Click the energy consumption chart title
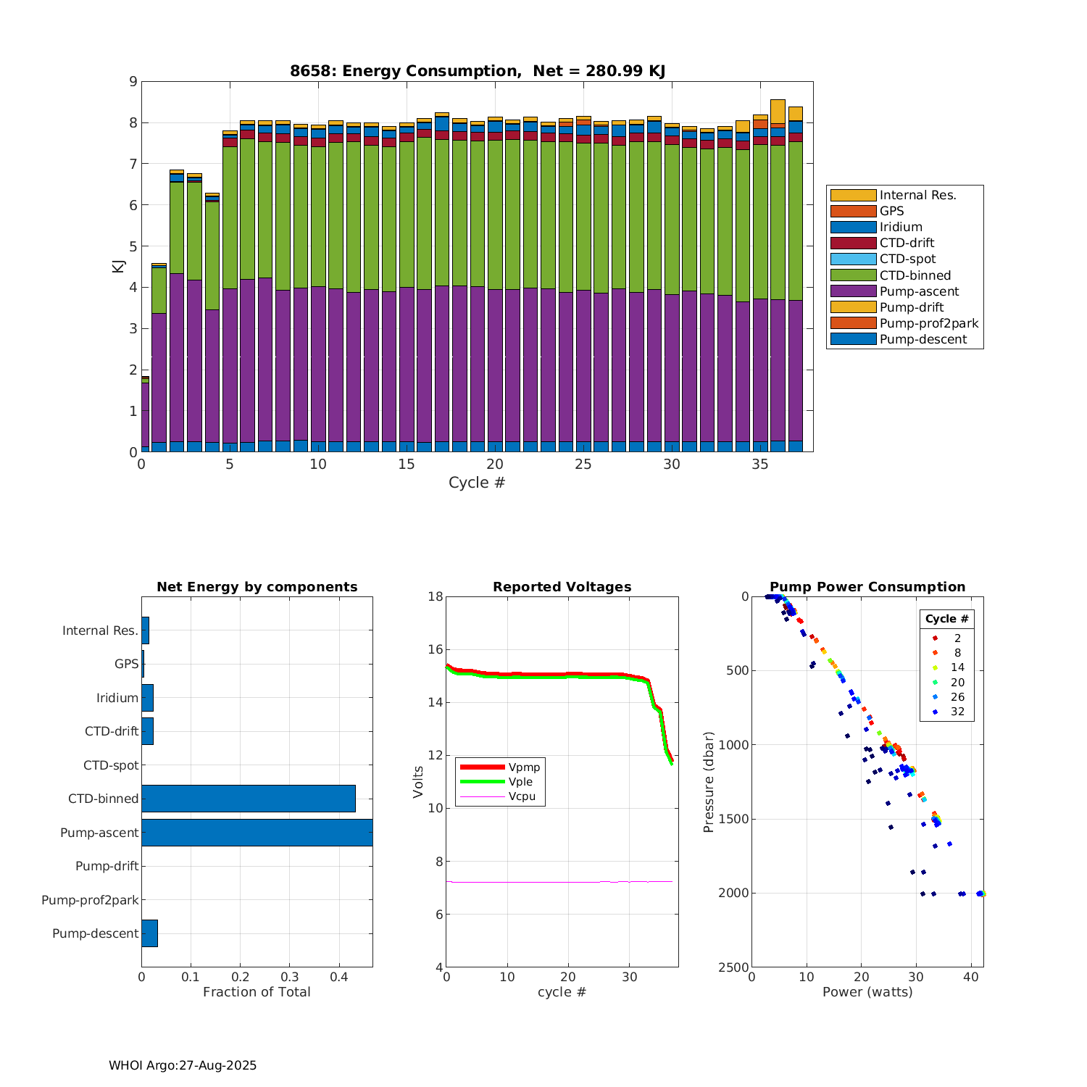(x=478, y=71)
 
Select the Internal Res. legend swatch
(x=853, y=195)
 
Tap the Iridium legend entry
(x=901, y=227)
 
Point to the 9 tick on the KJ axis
(x=133, y=82)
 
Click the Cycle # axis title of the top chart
(x=477, y=483)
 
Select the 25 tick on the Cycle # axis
(x=583, y=465)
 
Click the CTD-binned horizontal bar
(x=248, y=799)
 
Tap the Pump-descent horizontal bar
(x=149, y=933)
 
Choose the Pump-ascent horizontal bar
(x=257, y=833)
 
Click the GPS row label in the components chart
(x=126, y=664)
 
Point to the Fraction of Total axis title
(x=257, y=992)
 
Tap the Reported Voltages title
(x=562, y=587)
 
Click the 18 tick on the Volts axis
(x=435, y=597)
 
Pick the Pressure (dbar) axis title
(x=709, y=782)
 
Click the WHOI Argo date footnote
(x=183, y=1065)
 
